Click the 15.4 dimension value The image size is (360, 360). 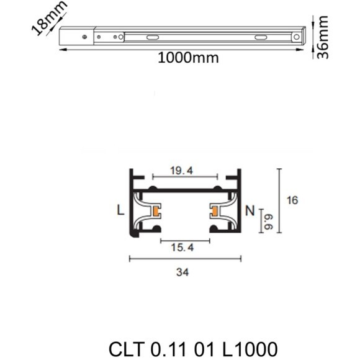coord(181,248)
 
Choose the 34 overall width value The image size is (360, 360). coord(182,272)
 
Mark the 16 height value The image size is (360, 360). coord(293,200)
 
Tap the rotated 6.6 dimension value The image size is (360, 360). coord(269,217)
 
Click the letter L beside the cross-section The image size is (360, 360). coord(120,210)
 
